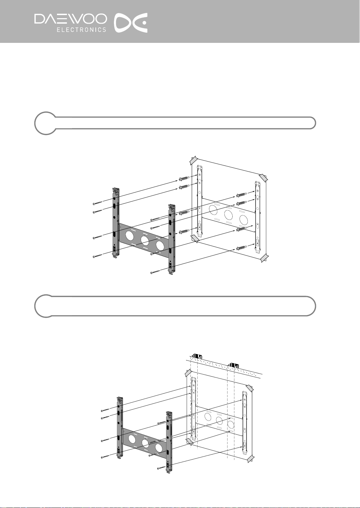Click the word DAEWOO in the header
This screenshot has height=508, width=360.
(x=70, y=19)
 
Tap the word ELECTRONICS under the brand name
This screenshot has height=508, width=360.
(x=81, y=30)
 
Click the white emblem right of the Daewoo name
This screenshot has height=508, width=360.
(x=131, y=23)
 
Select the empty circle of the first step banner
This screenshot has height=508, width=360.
(x=45, y=123)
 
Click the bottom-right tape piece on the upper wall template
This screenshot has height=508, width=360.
(x=265, y=258)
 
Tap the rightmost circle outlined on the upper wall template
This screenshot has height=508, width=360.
(x=244, y=219)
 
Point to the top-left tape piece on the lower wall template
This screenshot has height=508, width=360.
(x=187, y=373)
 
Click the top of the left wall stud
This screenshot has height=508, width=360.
(x=196, y=356)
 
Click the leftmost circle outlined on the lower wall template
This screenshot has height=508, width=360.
(x=207, y=416)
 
